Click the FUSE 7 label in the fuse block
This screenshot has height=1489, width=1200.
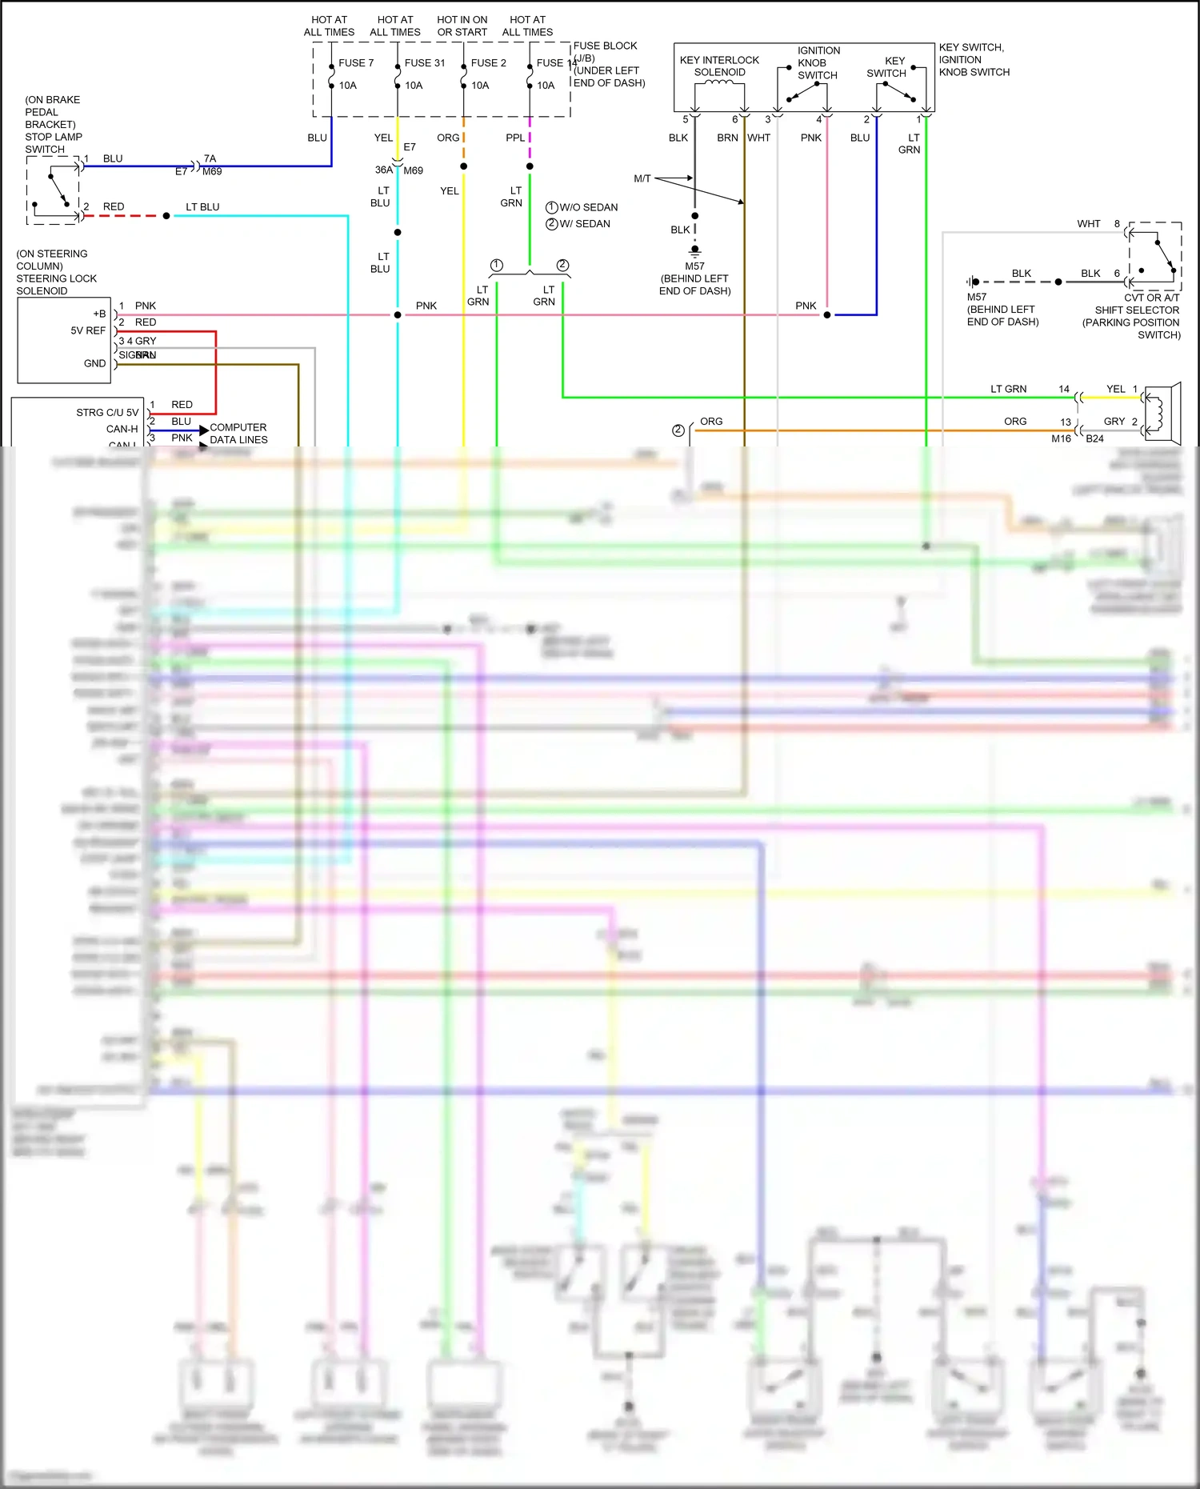click(x=356, y=63)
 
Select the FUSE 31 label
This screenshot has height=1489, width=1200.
click(x=424, y=63)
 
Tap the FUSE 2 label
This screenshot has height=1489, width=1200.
click(x=488, y=63)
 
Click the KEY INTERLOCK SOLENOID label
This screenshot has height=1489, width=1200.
click(x=719, y=66)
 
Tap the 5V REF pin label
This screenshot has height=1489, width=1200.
click(x=88, y=330)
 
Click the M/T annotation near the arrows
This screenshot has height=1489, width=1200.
click(x=642, y=178)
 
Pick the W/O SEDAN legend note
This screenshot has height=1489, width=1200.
click(x=588, y=207)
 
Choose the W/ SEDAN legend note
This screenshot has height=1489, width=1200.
click(x=584, y=224)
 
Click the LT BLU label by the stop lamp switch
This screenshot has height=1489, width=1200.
click(x=202, y=207)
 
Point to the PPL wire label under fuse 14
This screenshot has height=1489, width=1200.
click(x=515, y=138)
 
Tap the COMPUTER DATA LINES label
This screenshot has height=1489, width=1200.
click(x=238, y=434)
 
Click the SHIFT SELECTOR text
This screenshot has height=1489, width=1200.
click(x=1137, y=310)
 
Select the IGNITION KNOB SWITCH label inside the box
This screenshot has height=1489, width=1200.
click(x=818, y=63)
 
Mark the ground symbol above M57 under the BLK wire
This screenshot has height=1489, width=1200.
click(x=694, y=250)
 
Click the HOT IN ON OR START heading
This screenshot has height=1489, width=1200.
click(x=462, y=26)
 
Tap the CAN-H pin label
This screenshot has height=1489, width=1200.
click(x=122, y=430)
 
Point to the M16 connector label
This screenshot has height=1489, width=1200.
click(x=1061, y=438)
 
